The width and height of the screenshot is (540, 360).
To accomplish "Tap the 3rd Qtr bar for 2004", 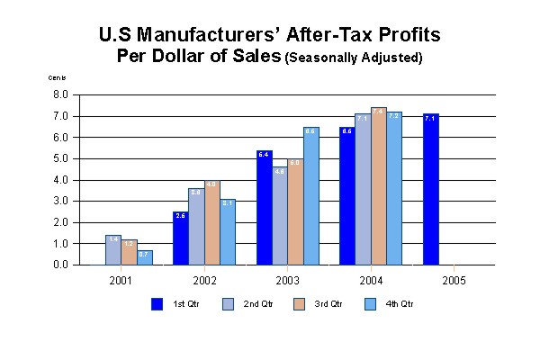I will pyautogui.click(x=378, y=186).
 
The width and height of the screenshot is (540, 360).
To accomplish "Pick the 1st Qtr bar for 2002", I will pyautogui.click(x=180, y=238).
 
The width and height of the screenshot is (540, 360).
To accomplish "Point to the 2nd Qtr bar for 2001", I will pyautogui.click(x=112, y=250).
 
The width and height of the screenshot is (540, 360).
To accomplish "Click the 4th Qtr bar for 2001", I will pyautogui.click(x=144, y=257).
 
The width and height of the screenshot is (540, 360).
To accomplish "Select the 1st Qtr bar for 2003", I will pyautogui.click(x=264, y=208).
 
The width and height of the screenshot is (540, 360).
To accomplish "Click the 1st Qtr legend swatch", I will pyautogui.click(x=157, y=304).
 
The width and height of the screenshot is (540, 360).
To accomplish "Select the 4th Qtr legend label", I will pyautogui.click(x=400, y=304).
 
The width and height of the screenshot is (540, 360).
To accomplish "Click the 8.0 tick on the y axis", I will pyautogui.click(x=61, y=94).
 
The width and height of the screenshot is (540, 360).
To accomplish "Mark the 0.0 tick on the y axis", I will pyautogui.click(x=61, y=265).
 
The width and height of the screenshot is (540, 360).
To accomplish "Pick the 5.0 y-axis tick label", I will pyautogui.click(x=61, y=158).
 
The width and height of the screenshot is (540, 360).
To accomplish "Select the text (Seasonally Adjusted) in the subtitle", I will pyautogui.click(x=354, y=58).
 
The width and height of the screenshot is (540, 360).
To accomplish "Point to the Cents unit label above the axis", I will pyautogui.click(x=57, y=79).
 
